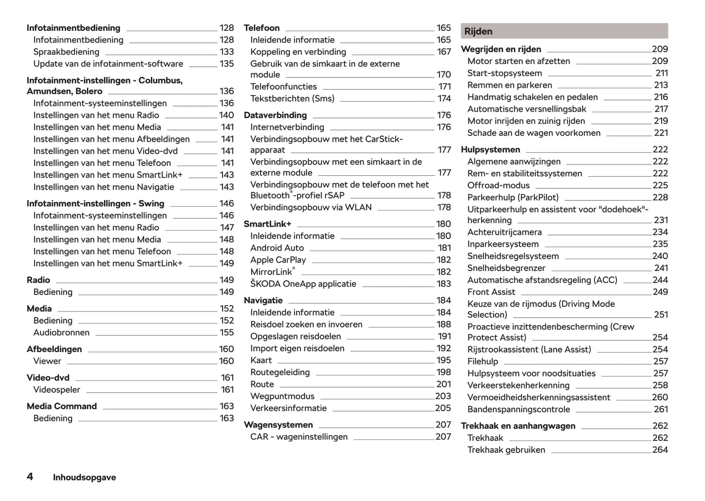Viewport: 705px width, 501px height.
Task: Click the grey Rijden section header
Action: pyautogui.click(x=564, y=31)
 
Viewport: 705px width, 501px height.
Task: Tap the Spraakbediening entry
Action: pyautogui.click(x=66, y=52)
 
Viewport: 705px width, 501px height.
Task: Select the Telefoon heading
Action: pyautogui.click(x=262, y=28)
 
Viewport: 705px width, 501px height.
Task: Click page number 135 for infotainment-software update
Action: pyautogui.click(x=226, y=63)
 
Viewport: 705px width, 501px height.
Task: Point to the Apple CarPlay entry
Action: pyautogui.click(x=278, y=260)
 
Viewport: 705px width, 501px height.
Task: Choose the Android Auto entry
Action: pyautogui.click(x=277, y=248)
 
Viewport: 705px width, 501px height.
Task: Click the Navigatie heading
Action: pyautogui.click(x=263, y=300)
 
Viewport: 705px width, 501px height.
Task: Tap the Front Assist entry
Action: pyautogui.click(x=491, y=292)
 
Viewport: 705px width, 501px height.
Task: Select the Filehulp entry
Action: pyautogui.click(x=483, y=361)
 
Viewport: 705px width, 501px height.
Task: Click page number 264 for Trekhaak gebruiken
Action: pyautogui.click(x=660, y=450)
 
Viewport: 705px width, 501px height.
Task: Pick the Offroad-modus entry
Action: pyautogui.click(x=498, y=186)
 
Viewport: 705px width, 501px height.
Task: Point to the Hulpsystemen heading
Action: pyautogui.click(x=490, y=149)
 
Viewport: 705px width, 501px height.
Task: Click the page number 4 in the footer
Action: pyautogui.click(x=30, y=477)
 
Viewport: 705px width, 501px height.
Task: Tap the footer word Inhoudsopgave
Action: pyautogui.click(x=84, y=478)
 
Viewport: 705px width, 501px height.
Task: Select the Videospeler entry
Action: pyautogui.click(x=57, y=390)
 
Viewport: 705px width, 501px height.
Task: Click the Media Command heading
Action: pyautogui.click(x=61, y=406)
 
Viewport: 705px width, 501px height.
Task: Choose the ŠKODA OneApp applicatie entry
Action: pyautogui.click(x=303, y=284)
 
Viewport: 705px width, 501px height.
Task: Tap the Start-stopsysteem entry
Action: pyautogui.click(x=504, y=73)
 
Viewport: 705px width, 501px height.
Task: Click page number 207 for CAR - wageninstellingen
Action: pyautogui.click(x=443, y=437)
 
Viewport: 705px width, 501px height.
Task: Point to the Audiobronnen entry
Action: pyautogui.click(x=61, y=333)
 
